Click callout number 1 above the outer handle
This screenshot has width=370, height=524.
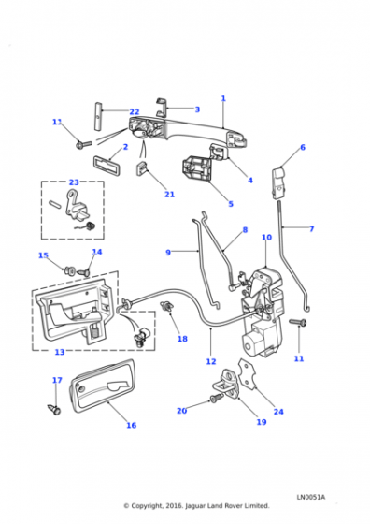point(223,98)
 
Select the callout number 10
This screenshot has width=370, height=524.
point(266,238)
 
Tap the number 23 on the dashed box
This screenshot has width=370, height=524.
point(74,182)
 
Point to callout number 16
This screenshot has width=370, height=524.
point(132,425)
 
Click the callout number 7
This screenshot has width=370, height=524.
point(312,229)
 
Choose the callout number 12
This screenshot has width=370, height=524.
point(211,361)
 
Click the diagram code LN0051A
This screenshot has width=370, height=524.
point(310,497)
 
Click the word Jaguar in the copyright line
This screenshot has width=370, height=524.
point(198,506)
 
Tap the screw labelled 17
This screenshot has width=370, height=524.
point(55,409)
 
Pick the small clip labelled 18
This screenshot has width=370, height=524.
point(166,306)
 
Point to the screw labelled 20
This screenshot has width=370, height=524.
point(216,398)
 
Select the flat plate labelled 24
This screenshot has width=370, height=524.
point(248,373)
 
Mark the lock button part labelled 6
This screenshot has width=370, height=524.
point(279,183)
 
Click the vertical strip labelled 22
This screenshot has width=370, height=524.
point(97,116)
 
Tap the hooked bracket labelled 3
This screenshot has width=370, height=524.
point(161,108)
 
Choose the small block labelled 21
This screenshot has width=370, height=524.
point(141,167)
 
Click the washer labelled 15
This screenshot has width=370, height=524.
point(70,270)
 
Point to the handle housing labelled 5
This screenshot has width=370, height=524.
point(196,169)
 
